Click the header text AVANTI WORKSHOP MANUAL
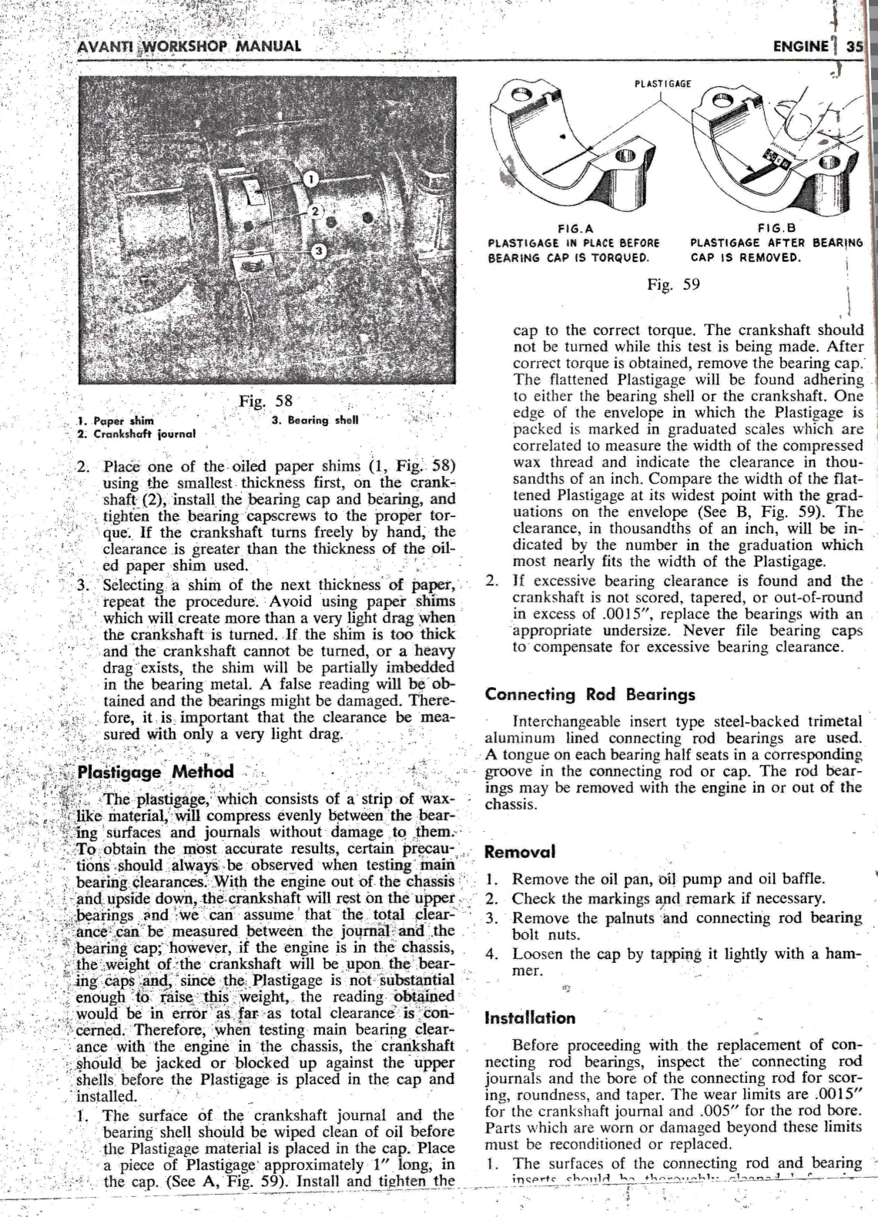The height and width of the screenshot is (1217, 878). [x=189, y=45]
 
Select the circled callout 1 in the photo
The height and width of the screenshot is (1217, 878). [x=310, y=179]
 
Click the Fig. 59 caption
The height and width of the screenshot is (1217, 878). [x=674, y=284]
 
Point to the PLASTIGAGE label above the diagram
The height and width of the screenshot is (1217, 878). [x=663, y=83]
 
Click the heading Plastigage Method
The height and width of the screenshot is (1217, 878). [x=156, y=772]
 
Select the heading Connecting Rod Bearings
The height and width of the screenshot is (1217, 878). [x=590, y=695]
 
